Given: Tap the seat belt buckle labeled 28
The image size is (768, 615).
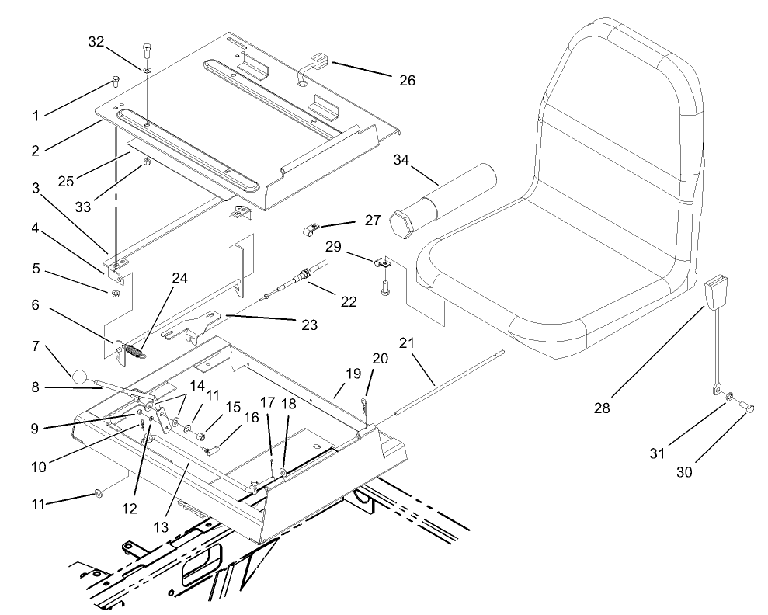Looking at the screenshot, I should click(x=714, y=294).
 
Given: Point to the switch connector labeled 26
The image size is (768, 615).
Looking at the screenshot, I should click(x=316, y=61).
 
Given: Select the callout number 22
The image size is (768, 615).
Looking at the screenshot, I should click(x=349, y=301).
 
